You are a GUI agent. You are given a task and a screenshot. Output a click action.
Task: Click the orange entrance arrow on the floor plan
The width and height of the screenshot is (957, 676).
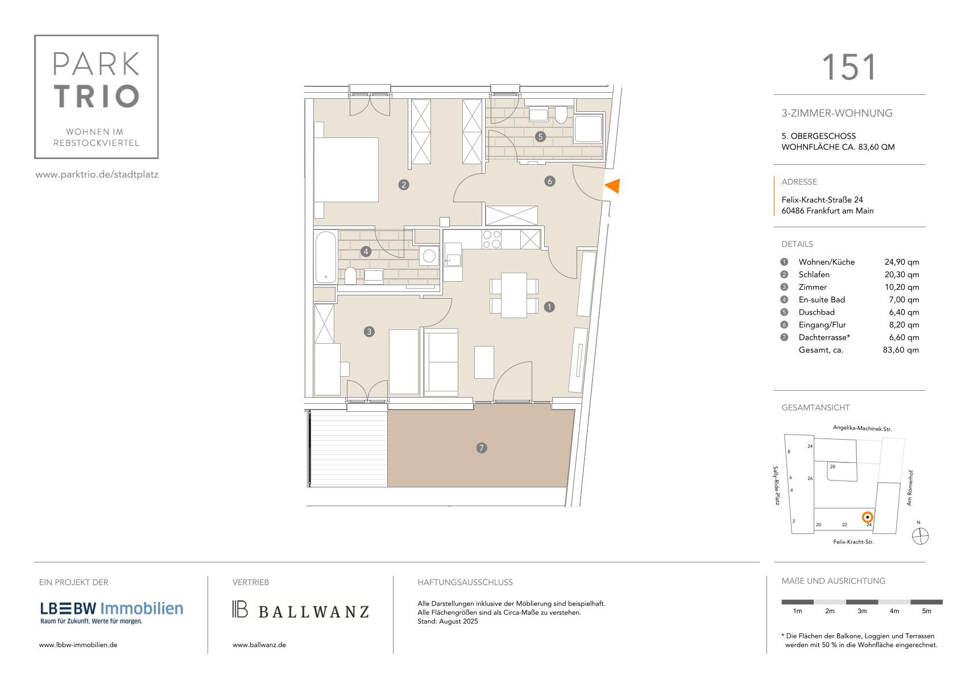pos(613,186)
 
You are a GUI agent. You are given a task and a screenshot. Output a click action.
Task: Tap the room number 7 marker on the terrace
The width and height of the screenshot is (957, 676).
pos(482,448)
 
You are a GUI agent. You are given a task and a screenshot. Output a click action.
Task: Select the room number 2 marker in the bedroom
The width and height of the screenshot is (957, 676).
pos(404,185)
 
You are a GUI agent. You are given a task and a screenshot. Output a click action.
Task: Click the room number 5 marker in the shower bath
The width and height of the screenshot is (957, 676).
pos(540,136)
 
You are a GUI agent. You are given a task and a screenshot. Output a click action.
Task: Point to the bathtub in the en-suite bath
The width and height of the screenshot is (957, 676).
pos(326,257)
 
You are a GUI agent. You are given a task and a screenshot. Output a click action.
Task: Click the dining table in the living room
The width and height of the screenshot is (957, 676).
pos(514,295)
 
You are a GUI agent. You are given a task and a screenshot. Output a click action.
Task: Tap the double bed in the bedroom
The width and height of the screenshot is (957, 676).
pos(346,170)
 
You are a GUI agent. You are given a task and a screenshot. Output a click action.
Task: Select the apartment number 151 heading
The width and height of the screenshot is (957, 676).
pos(849,68)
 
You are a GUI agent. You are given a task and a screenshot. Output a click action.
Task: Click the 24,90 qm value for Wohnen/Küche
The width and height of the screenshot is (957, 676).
pos(901,262)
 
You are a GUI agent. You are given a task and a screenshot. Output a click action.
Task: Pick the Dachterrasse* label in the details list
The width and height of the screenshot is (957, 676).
pos(824,337)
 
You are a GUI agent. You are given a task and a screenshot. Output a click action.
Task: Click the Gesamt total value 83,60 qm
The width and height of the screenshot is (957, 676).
pos(901,350)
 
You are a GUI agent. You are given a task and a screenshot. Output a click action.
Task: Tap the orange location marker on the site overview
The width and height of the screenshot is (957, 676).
pos(867,518)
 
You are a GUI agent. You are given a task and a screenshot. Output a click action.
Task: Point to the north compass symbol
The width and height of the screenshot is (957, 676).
pos(920,536)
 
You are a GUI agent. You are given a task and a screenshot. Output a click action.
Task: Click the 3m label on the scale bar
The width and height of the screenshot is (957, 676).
pos(861,611)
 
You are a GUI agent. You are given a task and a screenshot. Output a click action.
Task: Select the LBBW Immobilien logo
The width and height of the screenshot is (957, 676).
pos(111,613)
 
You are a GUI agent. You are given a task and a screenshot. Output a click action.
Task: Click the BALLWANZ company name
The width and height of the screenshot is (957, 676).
pos(314,612)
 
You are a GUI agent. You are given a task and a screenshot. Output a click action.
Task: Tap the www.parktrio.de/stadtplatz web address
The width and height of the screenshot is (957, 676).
pos(97,174)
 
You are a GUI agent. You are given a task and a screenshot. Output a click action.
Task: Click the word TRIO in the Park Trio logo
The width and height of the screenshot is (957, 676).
pos(97,96)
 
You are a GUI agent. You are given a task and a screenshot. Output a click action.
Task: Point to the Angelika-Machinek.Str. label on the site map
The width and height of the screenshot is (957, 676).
pos(862,428)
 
